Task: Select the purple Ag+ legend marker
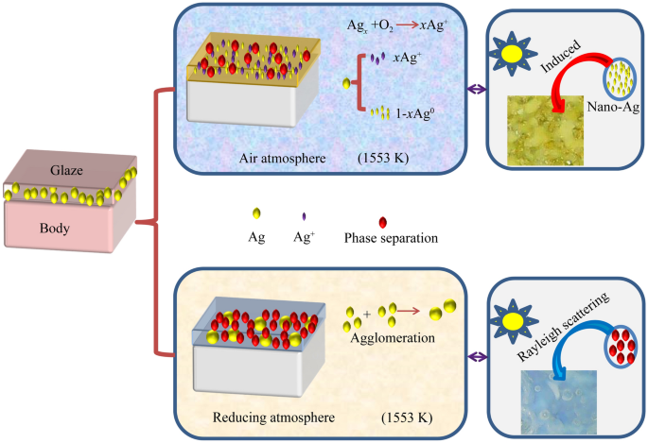[x=301, y=219]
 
